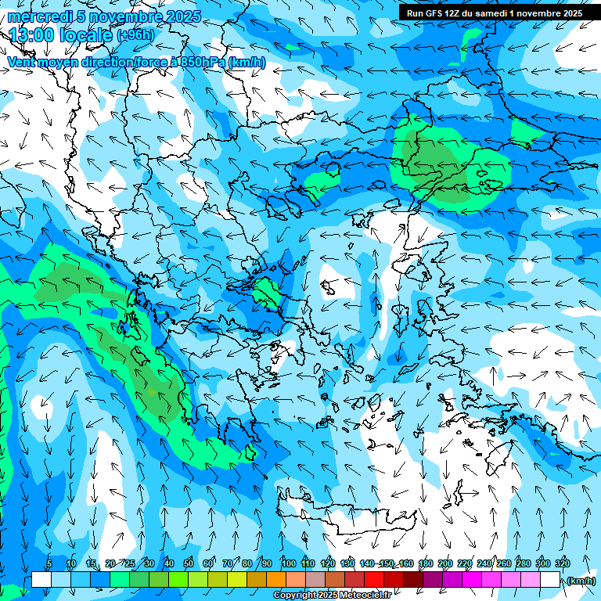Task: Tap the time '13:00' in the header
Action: click(31, 34)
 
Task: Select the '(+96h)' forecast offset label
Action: click(135, 35)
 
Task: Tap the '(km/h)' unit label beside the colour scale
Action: click(580, 581)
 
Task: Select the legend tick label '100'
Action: click(289, 563)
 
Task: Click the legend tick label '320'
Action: click(562, 563)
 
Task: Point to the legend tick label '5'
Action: click(49, 563)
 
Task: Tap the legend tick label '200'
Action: click(445, 563)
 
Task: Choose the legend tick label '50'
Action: click(189, 563)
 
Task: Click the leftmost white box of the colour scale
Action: click(41, 580)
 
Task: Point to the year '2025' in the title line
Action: click(184, 16)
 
